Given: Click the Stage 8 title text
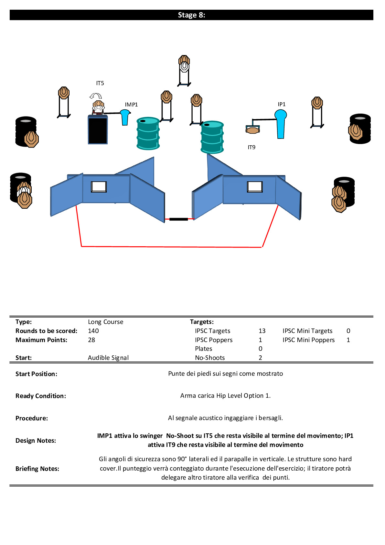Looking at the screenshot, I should (191, 15).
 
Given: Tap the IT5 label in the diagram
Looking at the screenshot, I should (100, 83).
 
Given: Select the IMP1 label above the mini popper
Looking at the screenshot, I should (131, 105).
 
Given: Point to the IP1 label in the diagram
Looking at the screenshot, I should (282, 104).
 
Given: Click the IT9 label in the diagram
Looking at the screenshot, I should (251, 147).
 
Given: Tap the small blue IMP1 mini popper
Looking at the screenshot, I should (125, 117).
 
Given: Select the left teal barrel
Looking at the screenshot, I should (148, 133).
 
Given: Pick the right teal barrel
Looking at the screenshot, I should (212, 137).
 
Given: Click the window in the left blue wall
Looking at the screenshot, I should (99, 187).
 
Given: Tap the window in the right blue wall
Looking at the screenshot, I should (255, 187).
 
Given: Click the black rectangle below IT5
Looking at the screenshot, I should (98, 129).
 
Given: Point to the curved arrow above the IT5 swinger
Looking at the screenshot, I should (96, 96).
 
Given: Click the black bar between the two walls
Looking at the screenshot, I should (178, 219).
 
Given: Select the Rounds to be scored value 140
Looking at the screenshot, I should (93, 331).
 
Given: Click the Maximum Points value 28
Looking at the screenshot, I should (91, 340).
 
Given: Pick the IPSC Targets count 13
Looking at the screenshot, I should (262, 331).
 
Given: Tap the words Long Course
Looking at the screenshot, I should (105, 322).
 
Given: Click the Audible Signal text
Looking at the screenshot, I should (108, 358).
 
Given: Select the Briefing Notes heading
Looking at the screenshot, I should (37, 469).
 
